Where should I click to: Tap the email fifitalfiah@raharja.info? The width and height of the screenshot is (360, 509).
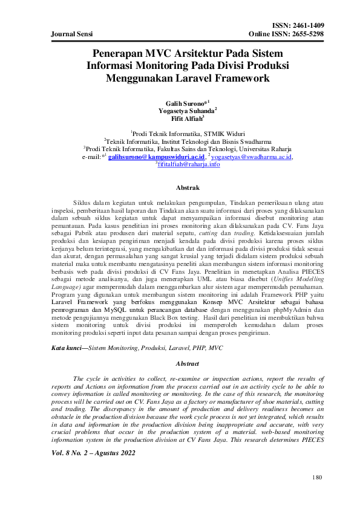[x=188, y=164]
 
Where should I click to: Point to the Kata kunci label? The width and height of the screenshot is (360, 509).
[x=67, y=349]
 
